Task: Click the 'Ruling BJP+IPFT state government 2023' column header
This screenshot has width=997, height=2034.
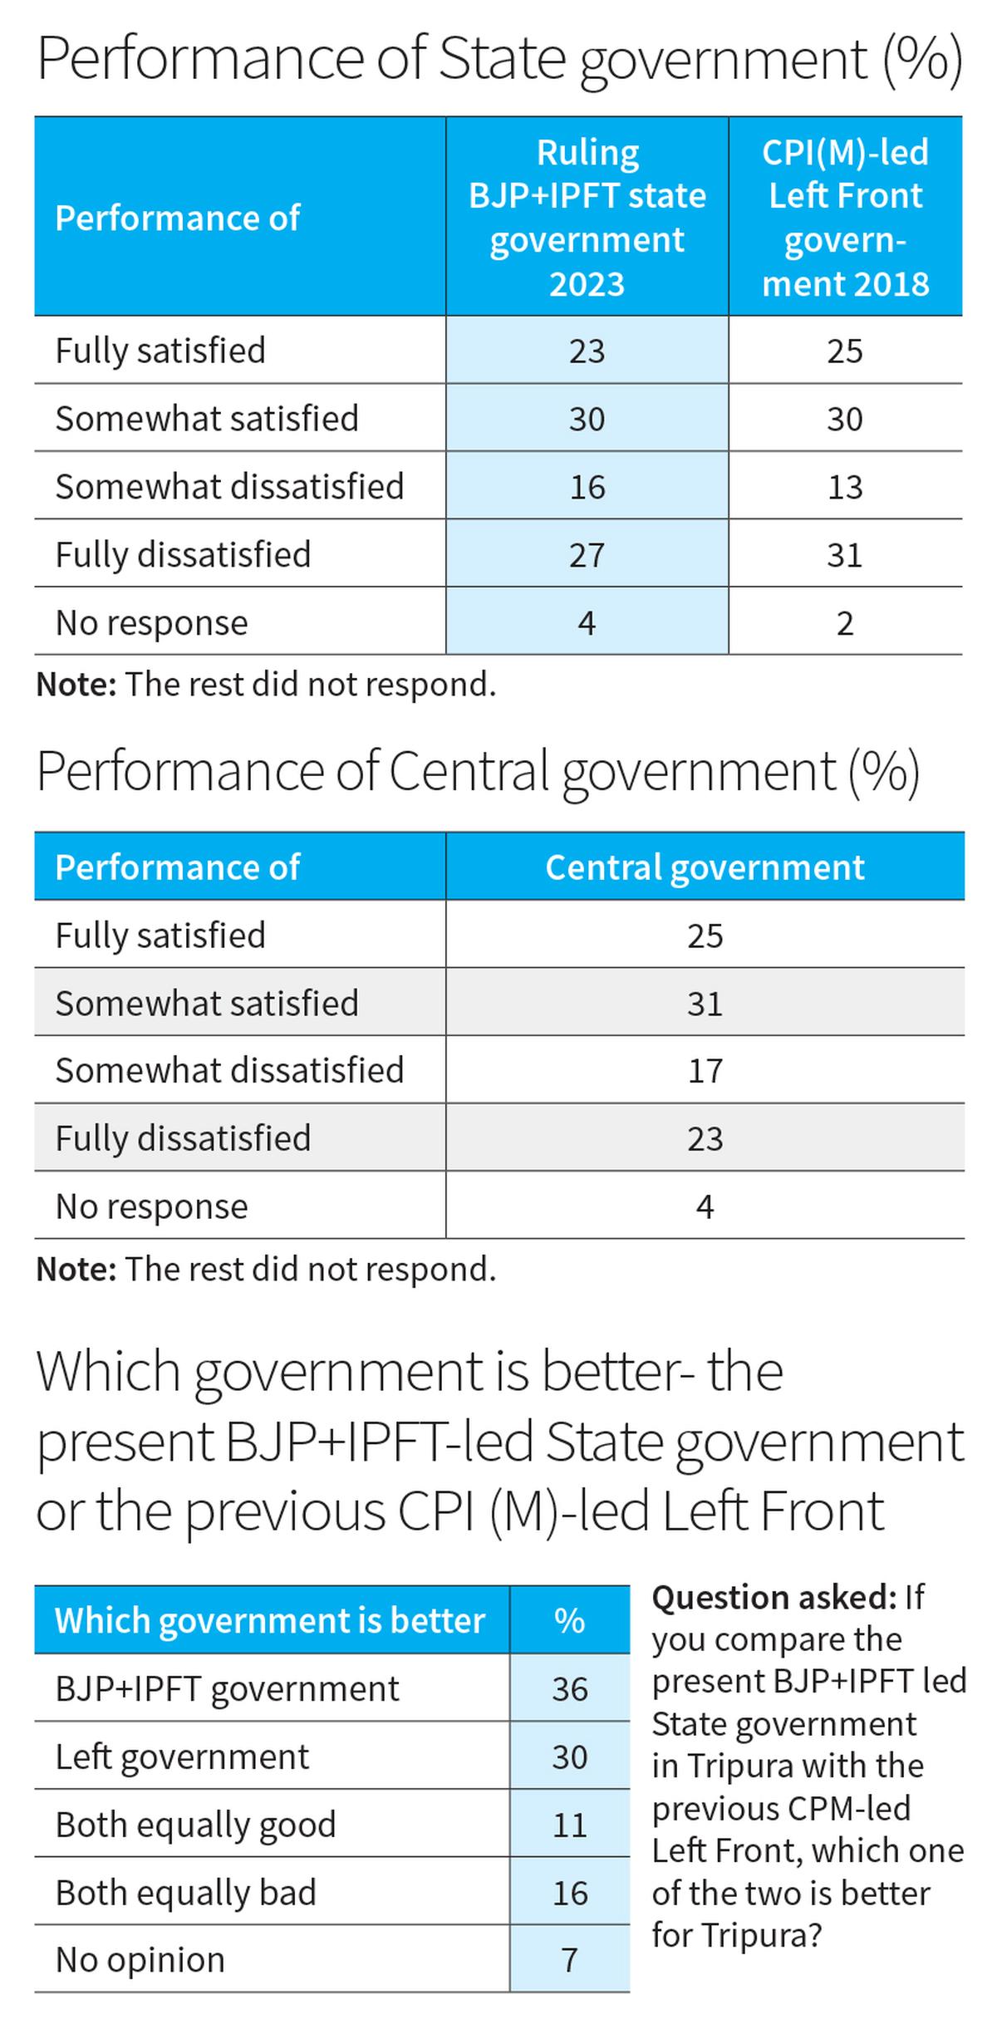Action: (x=587, y=218)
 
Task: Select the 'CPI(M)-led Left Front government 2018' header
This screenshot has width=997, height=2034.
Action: (x=845, y=218)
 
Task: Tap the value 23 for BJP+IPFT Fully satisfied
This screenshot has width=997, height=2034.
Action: (x=587, y=351)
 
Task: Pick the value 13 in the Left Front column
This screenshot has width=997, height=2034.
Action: (x=845, y=487)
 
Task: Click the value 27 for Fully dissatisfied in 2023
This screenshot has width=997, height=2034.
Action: (x=587, y=555)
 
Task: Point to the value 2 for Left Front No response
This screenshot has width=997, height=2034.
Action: (x=845, y=623)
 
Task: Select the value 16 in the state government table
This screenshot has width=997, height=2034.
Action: (x=587, y=487)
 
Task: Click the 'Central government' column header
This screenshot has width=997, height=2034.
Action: (x=705, y=867)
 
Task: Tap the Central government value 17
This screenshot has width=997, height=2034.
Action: (x=705, y=1071)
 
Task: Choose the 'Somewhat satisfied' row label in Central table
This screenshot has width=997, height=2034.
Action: (x=207, y=1003)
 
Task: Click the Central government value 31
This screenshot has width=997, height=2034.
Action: (x=705, y=1004)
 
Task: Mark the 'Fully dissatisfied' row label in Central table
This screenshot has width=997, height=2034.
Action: (x=183, y=1138)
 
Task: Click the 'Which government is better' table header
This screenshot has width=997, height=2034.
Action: (x=270, y=1620)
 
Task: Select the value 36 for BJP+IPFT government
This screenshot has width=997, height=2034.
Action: (x=570, y=1689)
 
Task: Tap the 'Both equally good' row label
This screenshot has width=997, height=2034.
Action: (x=196, y=1825)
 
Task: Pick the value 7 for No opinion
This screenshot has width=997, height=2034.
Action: (x=570, y=1960)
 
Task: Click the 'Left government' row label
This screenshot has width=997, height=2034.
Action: (x=182, y=1756)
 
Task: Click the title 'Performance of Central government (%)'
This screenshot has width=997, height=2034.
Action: (x=478, y=771)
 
